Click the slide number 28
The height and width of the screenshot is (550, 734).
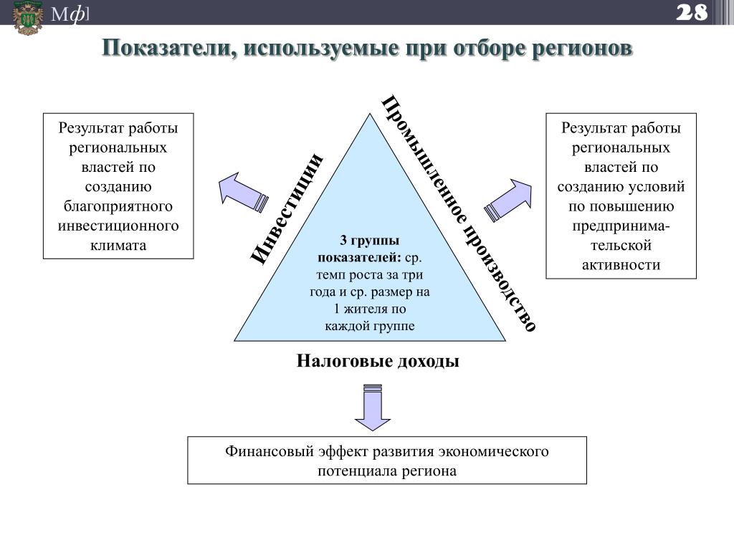tap(691, 12)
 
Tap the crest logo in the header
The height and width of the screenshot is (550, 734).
tap(28, 17)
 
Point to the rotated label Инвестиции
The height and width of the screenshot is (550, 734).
tap(287, 208)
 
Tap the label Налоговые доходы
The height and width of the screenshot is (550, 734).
tap(378, 361)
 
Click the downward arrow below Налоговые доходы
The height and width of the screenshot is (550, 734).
tap(373, 409)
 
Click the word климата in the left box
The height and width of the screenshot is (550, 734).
tap(118, 245)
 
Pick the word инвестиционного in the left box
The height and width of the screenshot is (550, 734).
tap(118, 226)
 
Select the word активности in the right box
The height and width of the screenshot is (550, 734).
tap(621, 265)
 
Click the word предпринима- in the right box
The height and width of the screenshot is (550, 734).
tap(621, 226)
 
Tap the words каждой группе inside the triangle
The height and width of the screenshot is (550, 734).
tap(370, 327)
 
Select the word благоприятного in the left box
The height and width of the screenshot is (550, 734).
tap(118, 206)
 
